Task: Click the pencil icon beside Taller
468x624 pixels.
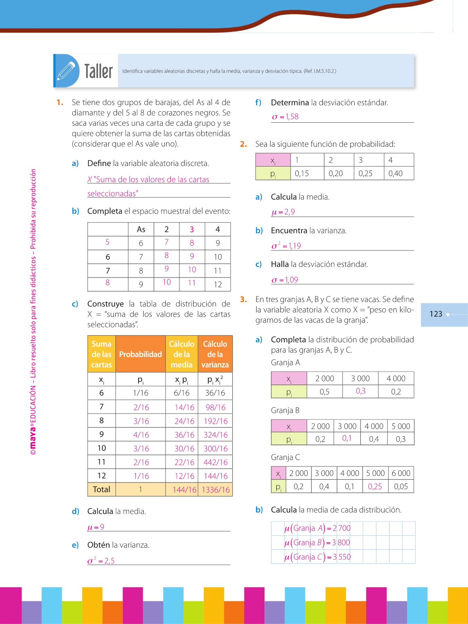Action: pyautogui.click(x=66, y=70)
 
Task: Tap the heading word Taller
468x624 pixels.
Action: pyautogui.click(x=98, y=71)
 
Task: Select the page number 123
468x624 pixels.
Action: pyautogui.click(x=436, y=314)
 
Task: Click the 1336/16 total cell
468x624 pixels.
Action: pyautogui.click(x=216, y=489)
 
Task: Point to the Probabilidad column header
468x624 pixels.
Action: pyautogui.click(x=140, y=354)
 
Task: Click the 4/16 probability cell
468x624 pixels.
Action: pyautogui.click(x=141, y=435)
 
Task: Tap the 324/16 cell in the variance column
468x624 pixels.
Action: pyautogui.click(x=216, y=435)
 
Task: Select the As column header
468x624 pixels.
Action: pyautogui.click(x=141, y=229)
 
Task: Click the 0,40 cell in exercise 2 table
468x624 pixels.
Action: pyautogui.click(x=396, y=173)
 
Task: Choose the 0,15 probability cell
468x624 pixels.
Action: pyautogui.click(x=302, y=173)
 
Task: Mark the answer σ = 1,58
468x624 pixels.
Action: pyautogui.click(x=285, y=117)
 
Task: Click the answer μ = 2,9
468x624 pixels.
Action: pyautogui.click(x=283, y=212)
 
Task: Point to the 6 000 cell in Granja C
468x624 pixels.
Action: pyautogui.click(x=401, y=473)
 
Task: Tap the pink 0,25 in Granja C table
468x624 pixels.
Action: pyautogui.click(x=375, y=486)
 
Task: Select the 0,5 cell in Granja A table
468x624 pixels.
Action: pyautogui.click(x=324, y=392)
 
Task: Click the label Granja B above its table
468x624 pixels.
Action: pyautogui.click(x=285, y=410)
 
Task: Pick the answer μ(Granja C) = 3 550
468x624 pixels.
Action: pyautogui.click(x=317, y=557)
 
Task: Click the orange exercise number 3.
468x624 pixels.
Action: pyautogui.click(x=243, y=299)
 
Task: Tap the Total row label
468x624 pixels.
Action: pyautogui.click(x=101, y=489)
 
